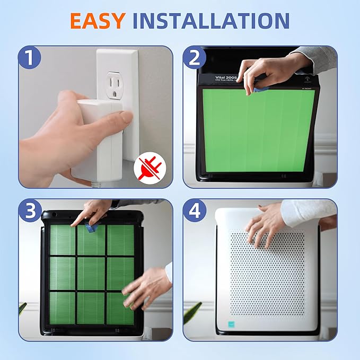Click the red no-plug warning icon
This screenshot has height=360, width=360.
click(153, 168)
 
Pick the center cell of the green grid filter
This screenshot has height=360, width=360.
click(91, 273)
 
